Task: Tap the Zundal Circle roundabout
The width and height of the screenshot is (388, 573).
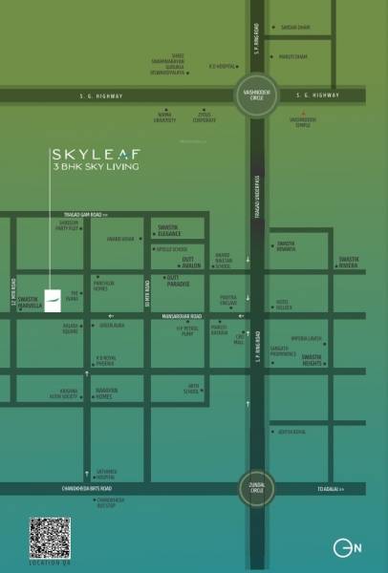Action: pyautogui.click(x=257, y=488)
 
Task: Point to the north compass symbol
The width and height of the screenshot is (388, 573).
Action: pyautogui.click(x=346, y=549)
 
